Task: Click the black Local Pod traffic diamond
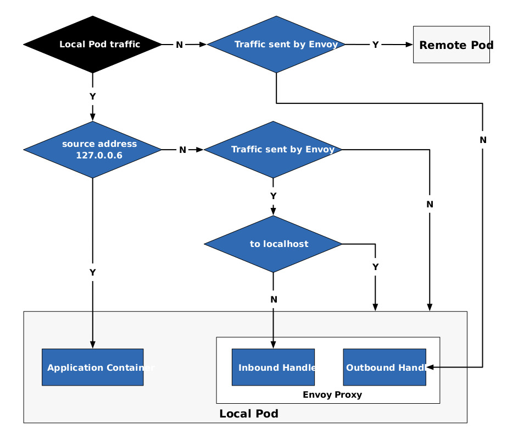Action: coord(92,45)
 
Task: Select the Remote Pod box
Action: coord(451,45)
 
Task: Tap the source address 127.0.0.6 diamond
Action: coord(92,150)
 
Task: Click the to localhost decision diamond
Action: coord(273,244)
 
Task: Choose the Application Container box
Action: coord(92,367)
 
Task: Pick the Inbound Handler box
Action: coord(273,367)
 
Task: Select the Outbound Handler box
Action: coord(384,367)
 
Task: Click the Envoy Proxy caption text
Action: coord(332,394)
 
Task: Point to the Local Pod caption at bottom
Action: coord(248,414)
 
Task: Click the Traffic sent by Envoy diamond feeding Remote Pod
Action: coord(276,45)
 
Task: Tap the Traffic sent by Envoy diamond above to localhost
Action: coord(273,150)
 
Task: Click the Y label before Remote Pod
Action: coord(375,45)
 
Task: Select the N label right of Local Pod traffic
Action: coord(179,45)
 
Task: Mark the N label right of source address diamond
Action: coord(182,150)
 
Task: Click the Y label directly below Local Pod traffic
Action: coord(92,96)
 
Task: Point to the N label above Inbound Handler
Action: coord(273,299)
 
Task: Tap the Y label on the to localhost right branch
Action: coord(375,267)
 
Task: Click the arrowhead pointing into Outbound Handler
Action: coord(430,367)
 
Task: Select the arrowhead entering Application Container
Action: coord(92,345)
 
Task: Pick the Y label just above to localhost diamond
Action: coord(273,196)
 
